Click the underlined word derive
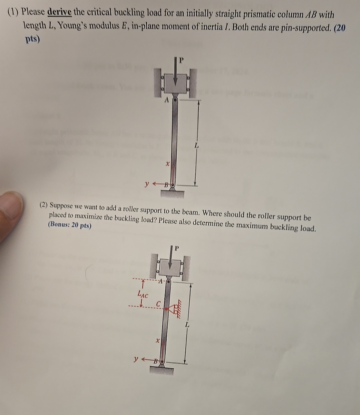pyautogui.click(x=60, y=12)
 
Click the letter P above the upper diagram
pyautogui.click(x=181, y=60)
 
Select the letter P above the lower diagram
pyautogui.click(x=177, y=248)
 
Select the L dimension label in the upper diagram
pyautogui.click(x=197, y=145)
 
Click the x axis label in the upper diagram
pyautogui.click(x=168, y=164)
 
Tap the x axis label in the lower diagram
pyautogui.click(x=158, y=341)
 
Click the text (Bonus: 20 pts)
pyautogui.click(x=70, y=225)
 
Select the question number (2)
pyautogui.click(x=44, y=205)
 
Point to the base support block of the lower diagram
pyautogui.click(x=162, y=370)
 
